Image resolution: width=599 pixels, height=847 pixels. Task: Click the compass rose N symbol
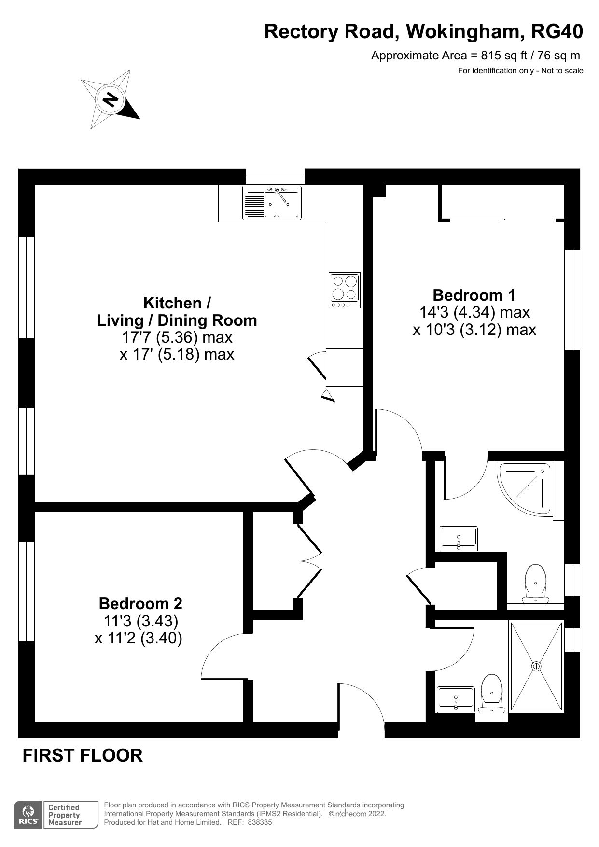tap(111, 99)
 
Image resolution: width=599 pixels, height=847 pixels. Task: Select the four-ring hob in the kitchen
tap(345, 290)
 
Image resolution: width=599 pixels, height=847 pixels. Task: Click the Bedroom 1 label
tap(474, 295)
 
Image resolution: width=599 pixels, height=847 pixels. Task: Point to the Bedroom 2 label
tap(140, 603)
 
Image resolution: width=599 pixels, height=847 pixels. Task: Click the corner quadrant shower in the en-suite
tap(524, 489)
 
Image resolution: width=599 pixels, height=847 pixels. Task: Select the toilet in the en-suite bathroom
tap(536, 584)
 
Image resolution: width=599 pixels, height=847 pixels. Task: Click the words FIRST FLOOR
tap(83, 755)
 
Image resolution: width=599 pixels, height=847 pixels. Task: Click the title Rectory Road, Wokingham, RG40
tap(424, 32)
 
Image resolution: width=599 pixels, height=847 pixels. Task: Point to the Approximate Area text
tap(475, 56)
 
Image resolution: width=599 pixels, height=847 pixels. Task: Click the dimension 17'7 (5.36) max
tap(177, 337)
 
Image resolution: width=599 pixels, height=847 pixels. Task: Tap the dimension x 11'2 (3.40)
tap(139, 638)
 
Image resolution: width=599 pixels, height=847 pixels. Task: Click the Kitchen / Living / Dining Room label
tap(177, 312)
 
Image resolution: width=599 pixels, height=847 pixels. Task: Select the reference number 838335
tap(260, 822)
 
